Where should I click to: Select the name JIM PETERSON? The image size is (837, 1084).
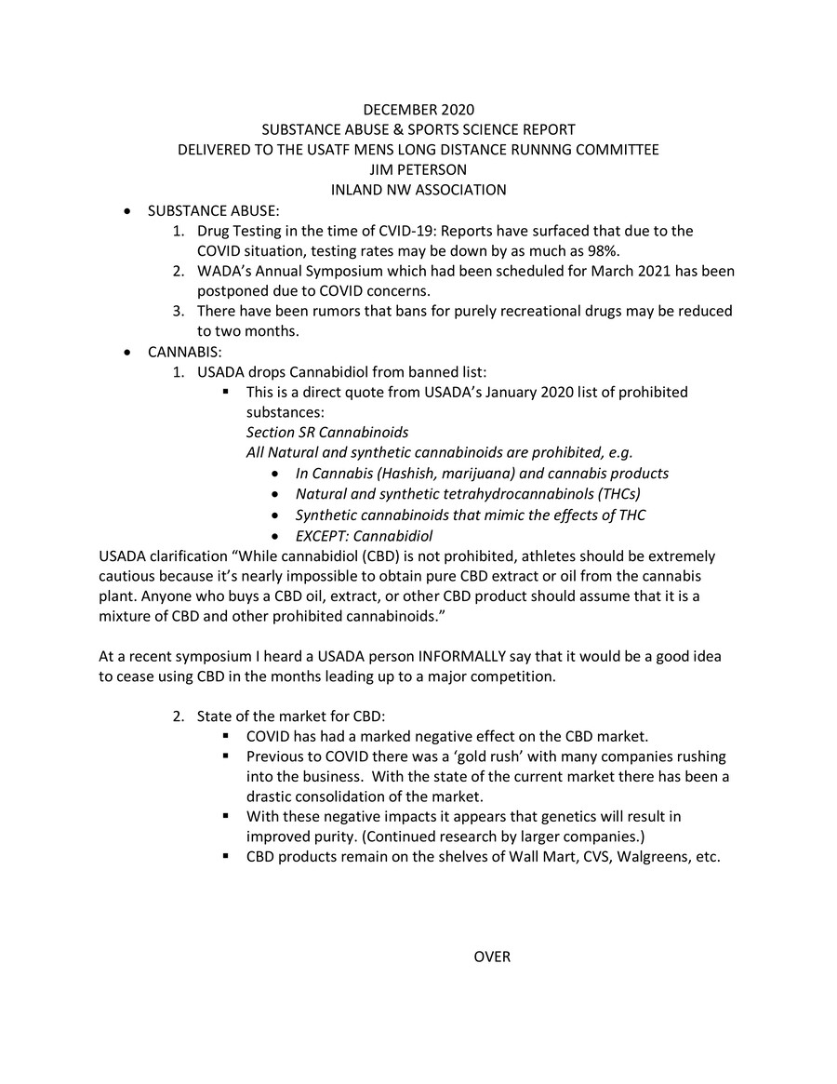[x=418, y=170]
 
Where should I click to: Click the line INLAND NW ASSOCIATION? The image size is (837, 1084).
[x=418, y=190]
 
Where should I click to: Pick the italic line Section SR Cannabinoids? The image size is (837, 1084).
[x=326, y=432]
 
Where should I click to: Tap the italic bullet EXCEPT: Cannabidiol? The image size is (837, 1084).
[x=364, y=535]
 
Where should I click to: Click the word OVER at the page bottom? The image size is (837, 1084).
[x=492, y=957]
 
